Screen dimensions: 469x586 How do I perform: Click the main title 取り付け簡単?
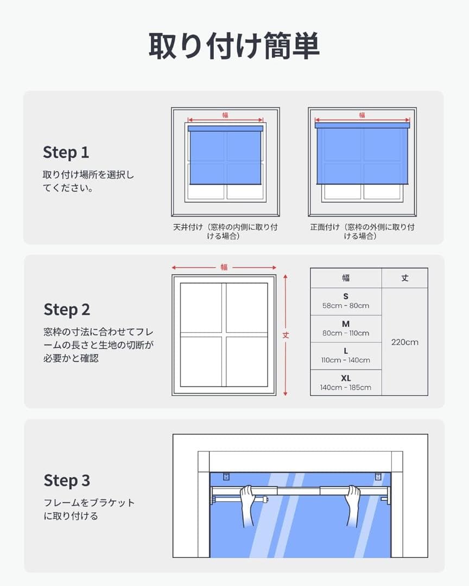click(x=234, y=46)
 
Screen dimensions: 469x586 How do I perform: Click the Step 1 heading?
click(x=66, y=152)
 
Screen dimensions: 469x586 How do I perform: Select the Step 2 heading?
click(x=67, y=309)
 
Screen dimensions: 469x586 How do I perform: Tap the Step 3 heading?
click(x=67, y=480)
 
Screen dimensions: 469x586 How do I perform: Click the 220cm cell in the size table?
click(x=404, y=342)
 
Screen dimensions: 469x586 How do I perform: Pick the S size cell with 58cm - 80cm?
click(x=346, y=301)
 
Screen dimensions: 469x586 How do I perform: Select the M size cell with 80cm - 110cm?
click(x=346, y=328)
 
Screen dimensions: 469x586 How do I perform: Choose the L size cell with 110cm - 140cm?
click(x=346, y=356)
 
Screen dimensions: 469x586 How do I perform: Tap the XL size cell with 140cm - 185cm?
click(x=346, y=383)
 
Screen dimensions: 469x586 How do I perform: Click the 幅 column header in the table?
click(x=346, y=278)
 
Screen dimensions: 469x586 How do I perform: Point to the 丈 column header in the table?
click(x=404, y=278)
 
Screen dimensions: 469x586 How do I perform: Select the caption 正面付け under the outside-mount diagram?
click(x=325, y=227)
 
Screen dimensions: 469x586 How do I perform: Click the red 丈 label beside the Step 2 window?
click(x=286, y=335)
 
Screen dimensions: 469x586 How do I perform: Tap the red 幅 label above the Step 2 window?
click(x=224, y=267)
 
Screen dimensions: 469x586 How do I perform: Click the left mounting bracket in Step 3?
click(x=226, y=476)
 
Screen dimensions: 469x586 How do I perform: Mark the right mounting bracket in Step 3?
click(x=378, y=476)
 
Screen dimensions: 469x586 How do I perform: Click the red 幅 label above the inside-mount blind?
click(x=225, y=115)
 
